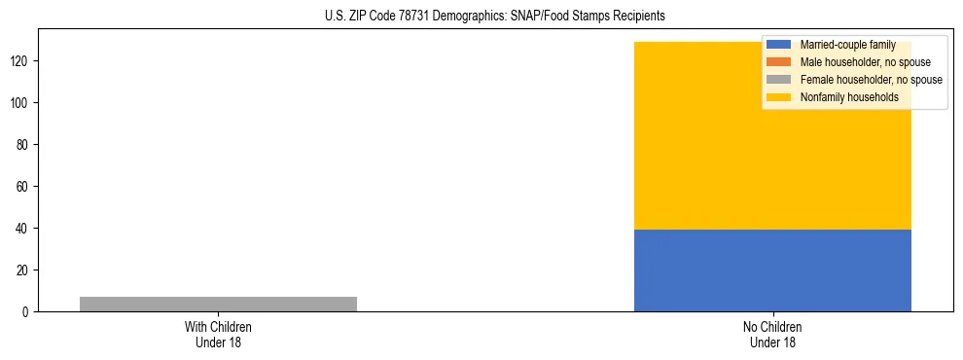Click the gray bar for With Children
coord(218,304)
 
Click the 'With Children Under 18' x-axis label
coord(218,334)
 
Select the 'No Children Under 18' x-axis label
coord(772,334)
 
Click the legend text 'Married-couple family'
coord(847,45)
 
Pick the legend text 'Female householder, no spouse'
coord(871,80)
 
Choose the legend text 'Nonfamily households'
coord(848,97)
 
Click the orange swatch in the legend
coord(779,62)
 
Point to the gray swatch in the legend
coord(779,80)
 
